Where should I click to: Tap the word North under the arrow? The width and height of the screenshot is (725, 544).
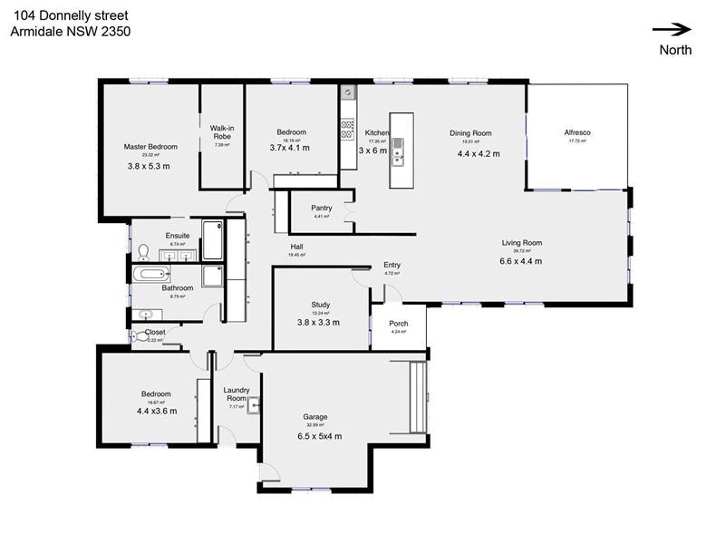click(675, 50)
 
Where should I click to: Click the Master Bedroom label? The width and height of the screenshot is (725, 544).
click(150, 146)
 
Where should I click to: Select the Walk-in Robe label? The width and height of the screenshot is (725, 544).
click(223, 132)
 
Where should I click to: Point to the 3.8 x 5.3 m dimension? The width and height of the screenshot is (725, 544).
click(149, 166)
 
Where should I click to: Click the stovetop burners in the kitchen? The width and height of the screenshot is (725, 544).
click(346, 128)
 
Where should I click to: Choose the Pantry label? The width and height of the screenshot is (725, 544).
click(321, 208)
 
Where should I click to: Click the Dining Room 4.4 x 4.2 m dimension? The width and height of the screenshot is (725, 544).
click(478, 153)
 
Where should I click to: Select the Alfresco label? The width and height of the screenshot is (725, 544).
click(577, 132)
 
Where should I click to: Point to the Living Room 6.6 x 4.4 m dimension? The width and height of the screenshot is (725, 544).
click(521, 261)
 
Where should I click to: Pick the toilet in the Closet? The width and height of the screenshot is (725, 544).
click(137, 336)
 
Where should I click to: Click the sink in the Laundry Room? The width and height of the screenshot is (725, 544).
click(254, 404)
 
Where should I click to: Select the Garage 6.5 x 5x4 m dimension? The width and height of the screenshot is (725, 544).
click(320, 436)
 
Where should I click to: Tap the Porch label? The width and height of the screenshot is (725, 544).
click(399, 323)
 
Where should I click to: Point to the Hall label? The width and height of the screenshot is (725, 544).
click(296, 247)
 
